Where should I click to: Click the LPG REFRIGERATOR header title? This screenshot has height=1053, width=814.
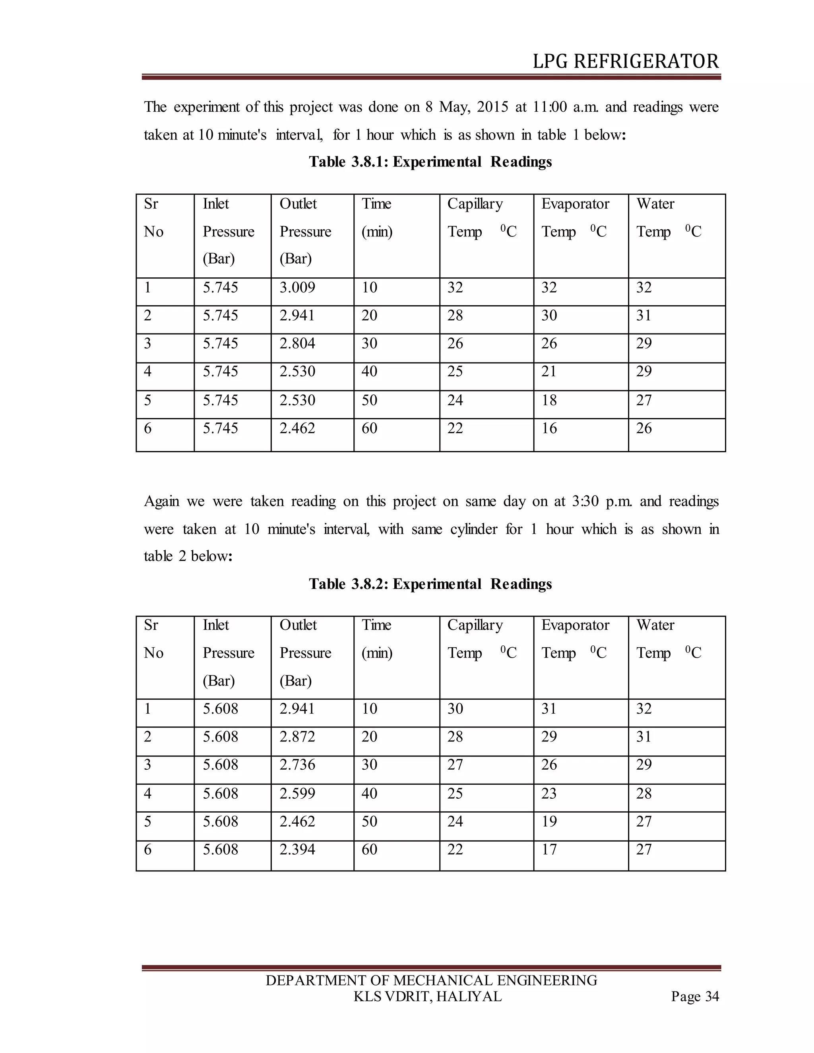(x=626, y=62)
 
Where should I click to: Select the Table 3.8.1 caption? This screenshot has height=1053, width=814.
(x=430, y=161)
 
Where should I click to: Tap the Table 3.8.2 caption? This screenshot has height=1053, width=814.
(x=430, y=584)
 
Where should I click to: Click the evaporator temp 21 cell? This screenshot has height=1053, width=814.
(x=549, y=372)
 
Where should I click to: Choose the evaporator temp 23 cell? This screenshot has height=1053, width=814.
(x=549, y=794)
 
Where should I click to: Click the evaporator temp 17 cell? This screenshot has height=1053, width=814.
(x=549, y=850)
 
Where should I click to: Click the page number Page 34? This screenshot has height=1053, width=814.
(x=694, y=997)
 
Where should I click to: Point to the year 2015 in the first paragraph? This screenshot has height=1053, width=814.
(x=492, y=107)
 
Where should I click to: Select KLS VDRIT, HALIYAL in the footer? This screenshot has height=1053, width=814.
(x=427, y=997)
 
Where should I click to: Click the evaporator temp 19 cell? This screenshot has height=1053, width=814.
(x=549, y=822)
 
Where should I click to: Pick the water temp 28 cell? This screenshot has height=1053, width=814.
(x=644, y=794)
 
